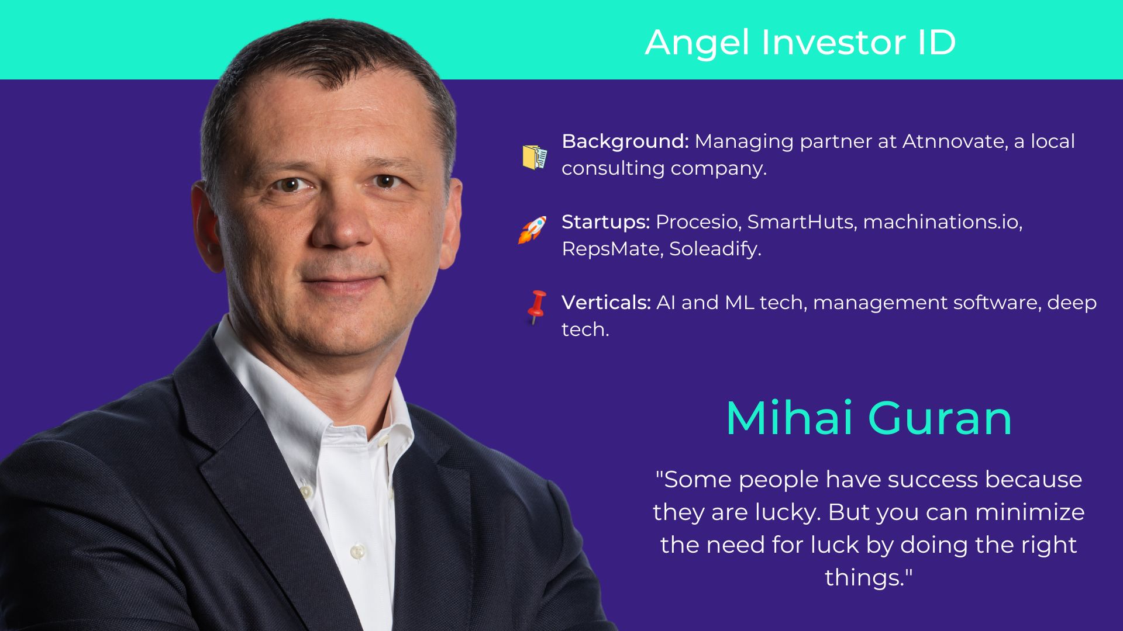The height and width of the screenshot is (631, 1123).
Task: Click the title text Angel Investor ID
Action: pos(800,42)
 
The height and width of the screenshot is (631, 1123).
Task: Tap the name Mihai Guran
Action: pos(869,418)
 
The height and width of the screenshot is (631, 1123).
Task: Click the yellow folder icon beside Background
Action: pos(535,157)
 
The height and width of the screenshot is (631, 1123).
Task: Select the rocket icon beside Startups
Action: pos(532,230)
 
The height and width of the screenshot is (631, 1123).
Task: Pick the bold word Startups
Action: pos(606,223)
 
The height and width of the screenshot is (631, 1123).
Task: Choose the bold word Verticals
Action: pos(606,303)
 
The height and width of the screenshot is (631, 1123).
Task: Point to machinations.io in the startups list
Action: pos(942,223)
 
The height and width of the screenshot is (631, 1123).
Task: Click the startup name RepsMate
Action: pos(612,249)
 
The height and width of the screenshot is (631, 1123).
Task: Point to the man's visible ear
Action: pos(206,228)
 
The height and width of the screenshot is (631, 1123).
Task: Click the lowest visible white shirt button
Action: pos(357,550)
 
